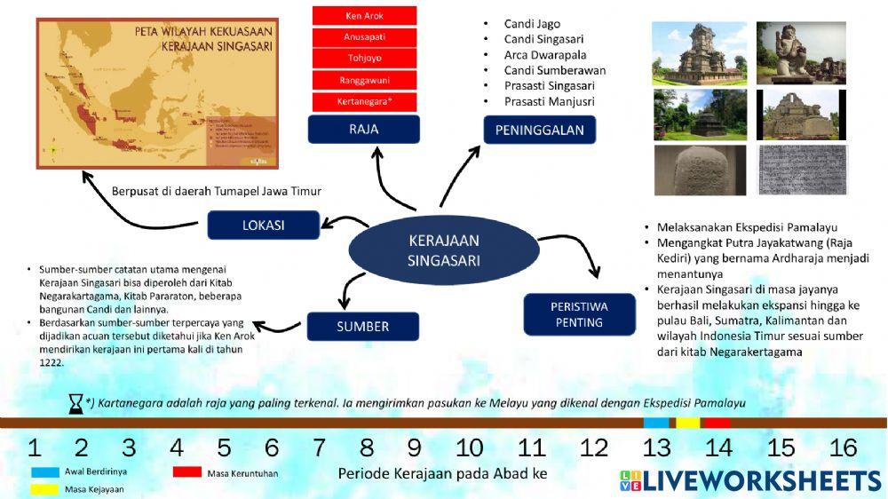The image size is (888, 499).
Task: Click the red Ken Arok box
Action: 364,16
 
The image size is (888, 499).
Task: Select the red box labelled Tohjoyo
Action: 364,59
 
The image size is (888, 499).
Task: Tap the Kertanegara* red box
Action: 364,101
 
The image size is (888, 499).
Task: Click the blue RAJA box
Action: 364,130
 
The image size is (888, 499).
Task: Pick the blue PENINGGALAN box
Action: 539,131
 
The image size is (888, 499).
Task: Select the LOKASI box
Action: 263,225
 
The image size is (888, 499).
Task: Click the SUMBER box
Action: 362,326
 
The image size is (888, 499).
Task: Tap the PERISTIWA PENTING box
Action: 579,313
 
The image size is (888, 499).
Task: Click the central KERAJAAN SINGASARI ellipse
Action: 443,249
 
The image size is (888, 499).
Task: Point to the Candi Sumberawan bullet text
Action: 554,70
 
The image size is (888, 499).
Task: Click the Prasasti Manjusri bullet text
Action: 549,101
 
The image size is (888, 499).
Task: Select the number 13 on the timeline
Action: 657,448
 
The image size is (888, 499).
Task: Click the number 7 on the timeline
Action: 319,448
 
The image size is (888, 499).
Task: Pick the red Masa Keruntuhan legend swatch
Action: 187,472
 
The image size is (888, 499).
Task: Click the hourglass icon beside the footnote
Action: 76,404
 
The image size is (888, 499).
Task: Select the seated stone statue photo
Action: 800,52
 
